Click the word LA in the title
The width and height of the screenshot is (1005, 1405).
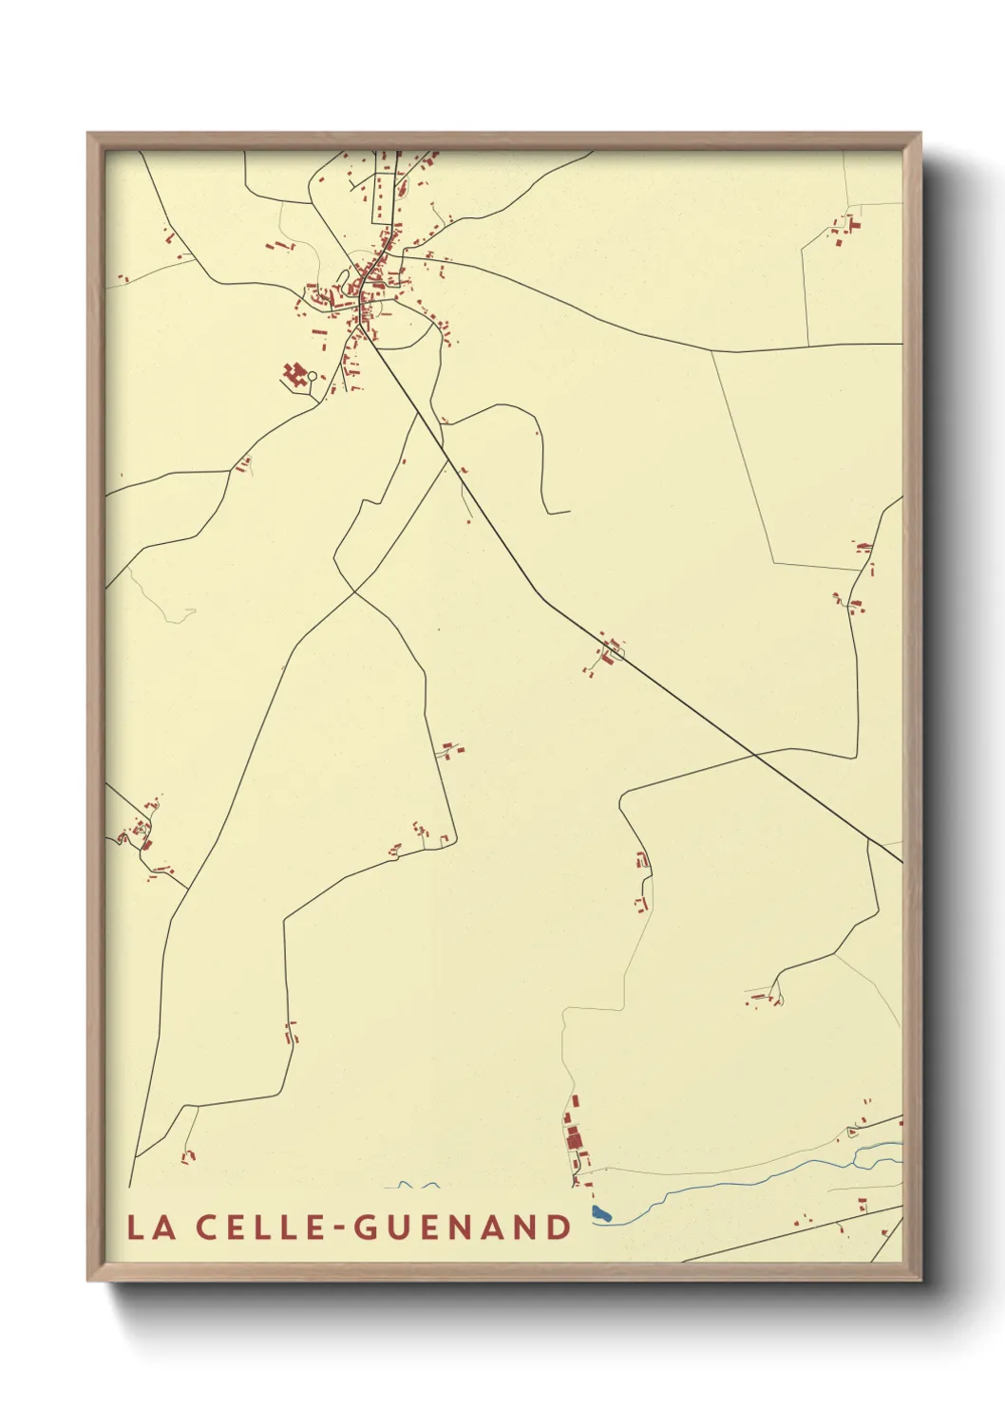tap(150, 1227)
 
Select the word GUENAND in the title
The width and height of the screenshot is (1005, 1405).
tap(463, 1227)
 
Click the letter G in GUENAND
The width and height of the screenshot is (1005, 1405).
tap(366, 1227)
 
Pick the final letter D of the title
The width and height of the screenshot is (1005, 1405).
tap(560, 1227)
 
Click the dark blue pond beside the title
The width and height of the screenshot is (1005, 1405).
tap(600, 1213)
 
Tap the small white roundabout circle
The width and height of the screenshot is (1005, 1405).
tap(312, 377)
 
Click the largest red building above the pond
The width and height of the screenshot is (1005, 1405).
tap(573, 1137)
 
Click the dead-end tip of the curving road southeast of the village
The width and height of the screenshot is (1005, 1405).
tap(568, 513)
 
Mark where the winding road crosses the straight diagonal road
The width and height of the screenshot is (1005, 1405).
tap(754, 755)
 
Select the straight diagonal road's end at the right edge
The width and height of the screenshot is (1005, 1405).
tap(901, 862)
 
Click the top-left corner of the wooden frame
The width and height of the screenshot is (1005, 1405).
tap(88, 134)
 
